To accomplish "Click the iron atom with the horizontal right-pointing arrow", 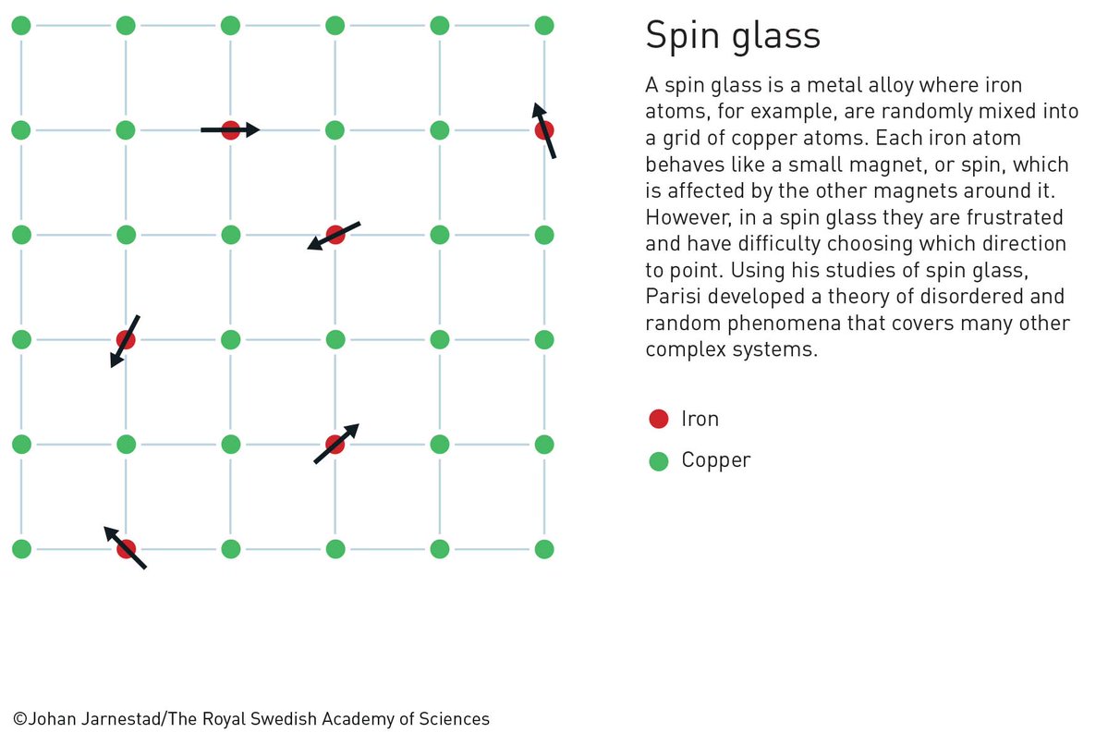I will click(231, 130).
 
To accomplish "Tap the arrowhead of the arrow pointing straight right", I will click(253, 130).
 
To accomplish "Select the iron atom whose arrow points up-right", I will click(335, 445).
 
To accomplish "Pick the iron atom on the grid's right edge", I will click(544, 130).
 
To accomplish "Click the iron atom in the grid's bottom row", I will click(127, 549).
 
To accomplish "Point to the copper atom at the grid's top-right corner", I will click(544, 26).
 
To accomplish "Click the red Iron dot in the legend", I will click(659, 419).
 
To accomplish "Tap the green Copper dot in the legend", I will click(659, 460).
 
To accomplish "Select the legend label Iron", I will click(700, 419).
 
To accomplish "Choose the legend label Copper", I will click(716, 460).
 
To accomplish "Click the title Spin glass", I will click(732, 37).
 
